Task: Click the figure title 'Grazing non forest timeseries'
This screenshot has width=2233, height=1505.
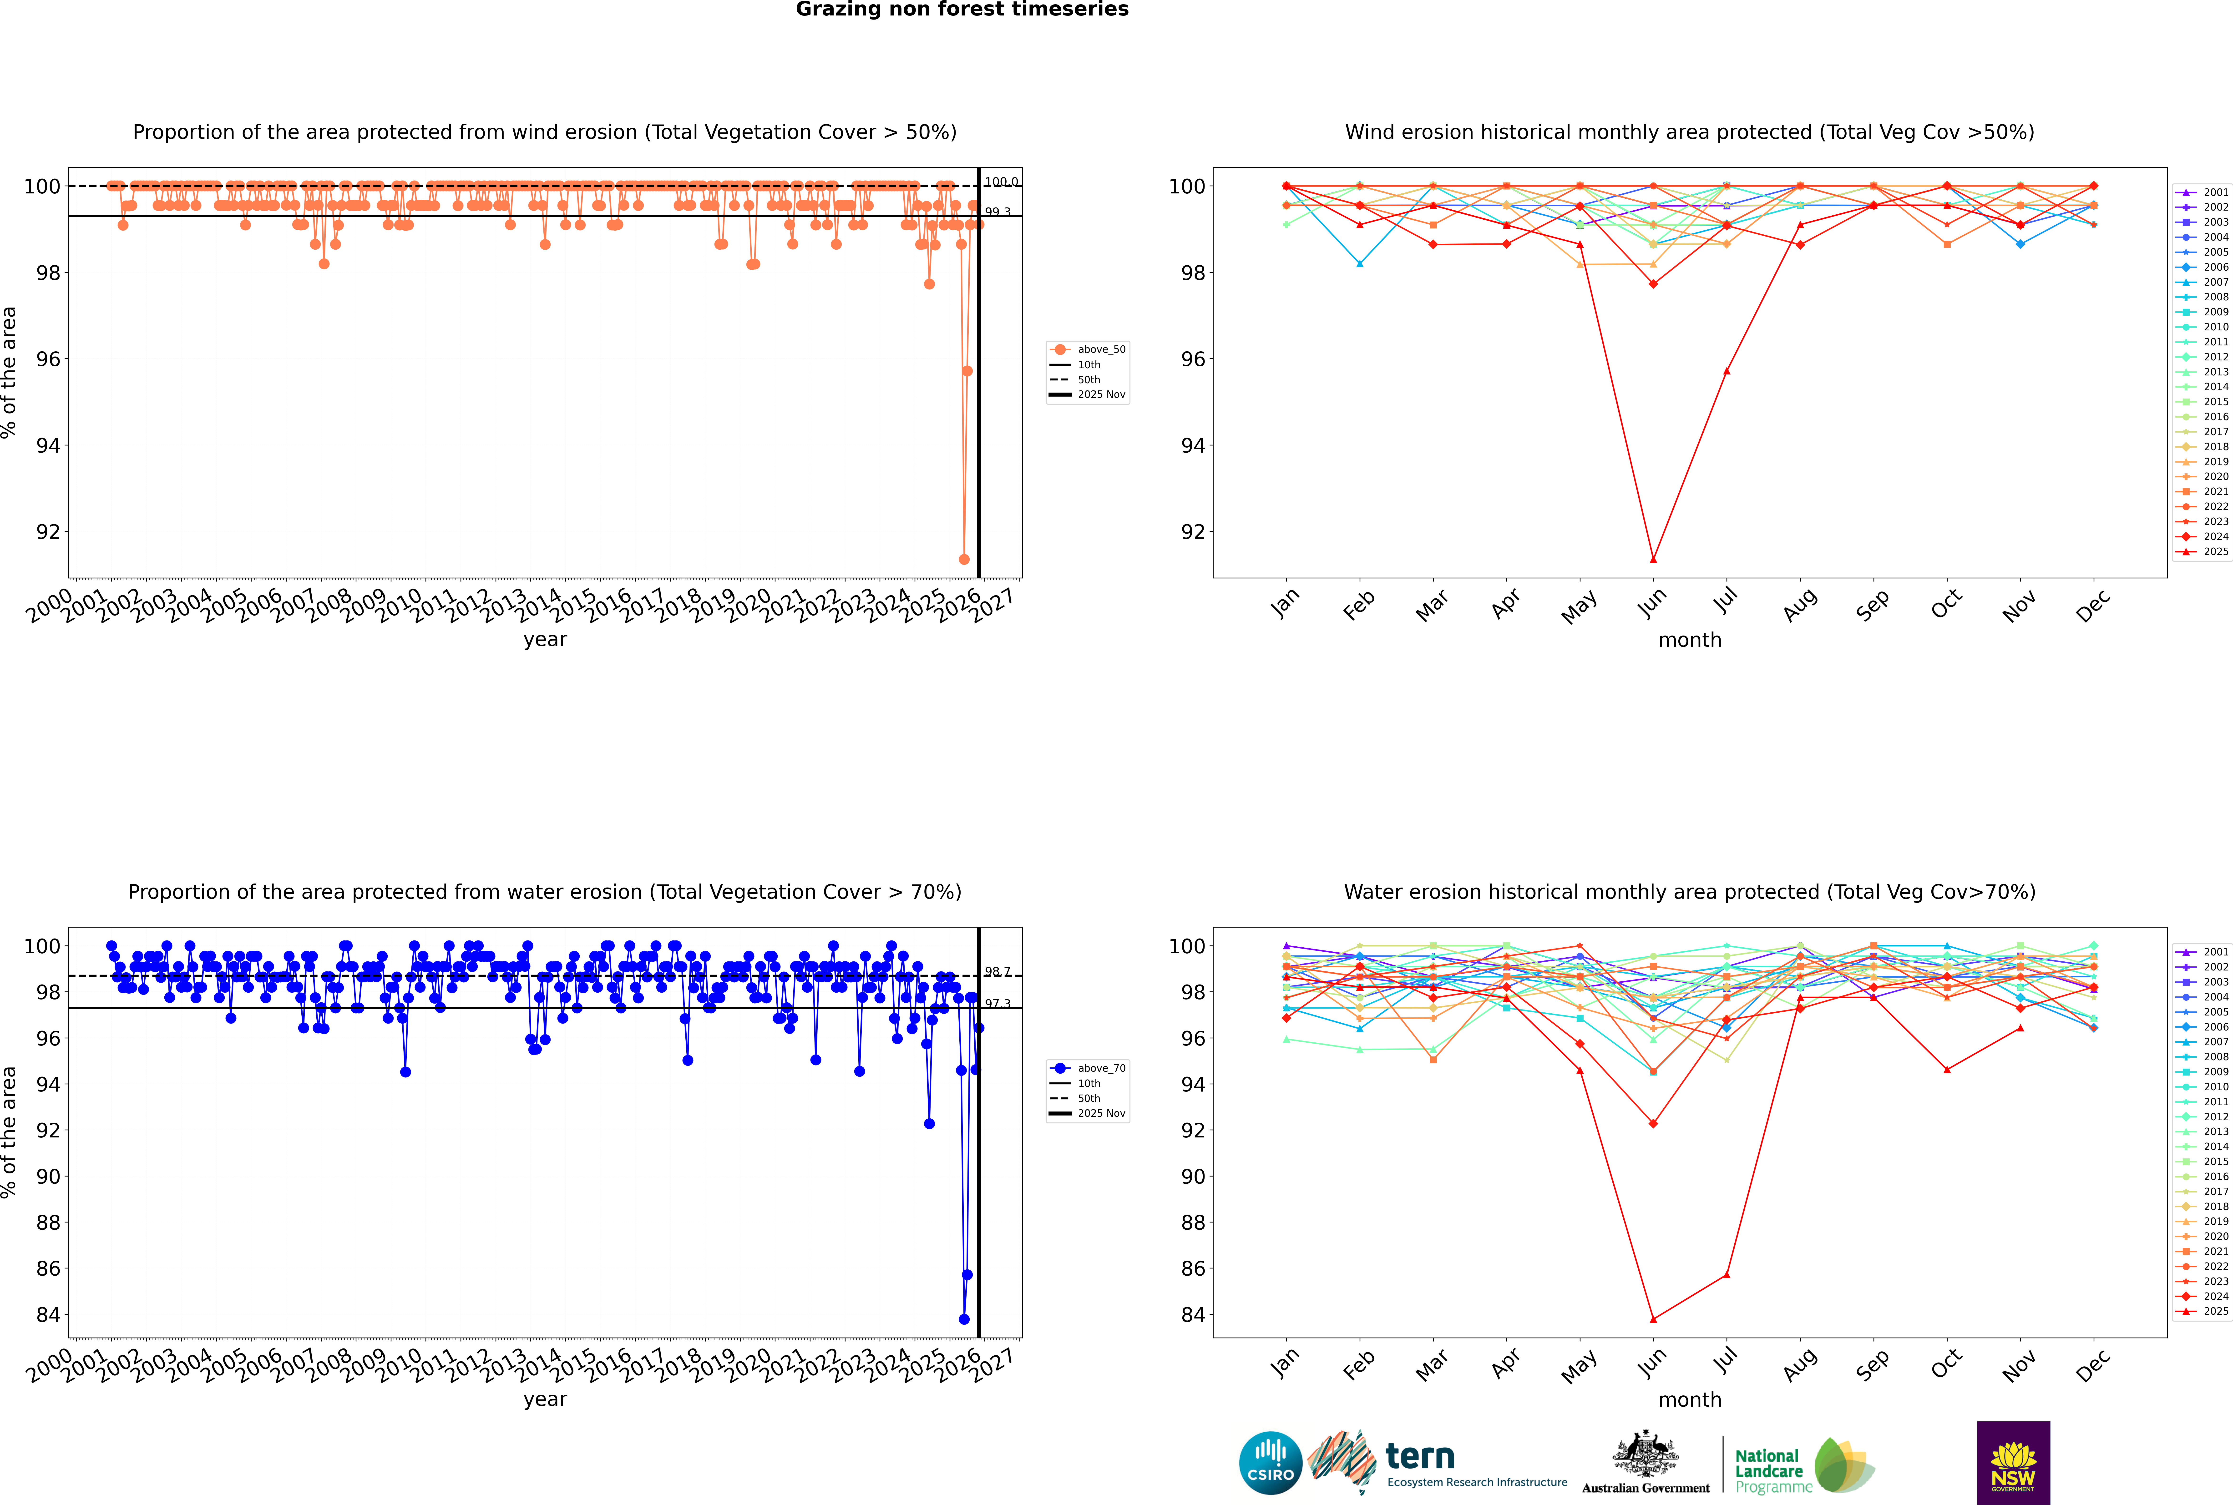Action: (962, 10)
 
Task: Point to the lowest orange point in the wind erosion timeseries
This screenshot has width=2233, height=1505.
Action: (964, 560)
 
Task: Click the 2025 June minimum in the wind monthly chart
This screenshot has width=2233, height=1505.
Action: (1653, 560)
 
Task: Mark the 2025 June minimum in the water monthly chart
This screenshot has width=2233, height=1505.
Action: (1653, 1319)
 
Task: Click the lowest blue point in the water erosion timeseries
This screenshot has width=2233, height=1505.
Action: (964, 1319)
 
